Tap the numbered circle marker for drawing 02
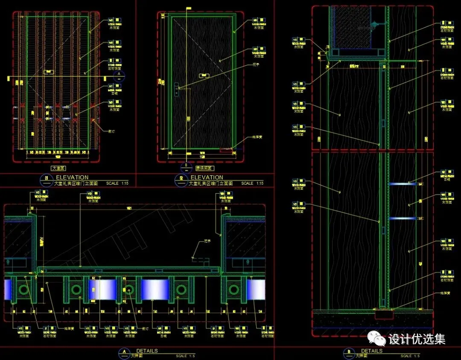tap(181, 178)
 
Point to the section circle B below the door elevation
tap(186, 165)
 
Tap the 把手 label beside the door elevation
tap(256, 65)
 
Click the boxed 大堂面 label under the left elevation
tap(59, 168)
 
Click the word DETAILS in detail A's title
tap(147, 351)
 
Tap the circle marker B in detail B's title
tap(349, 352)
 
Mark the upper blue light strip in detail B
tap(403, 184)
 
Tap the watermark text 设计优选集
tap(417, 339)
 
